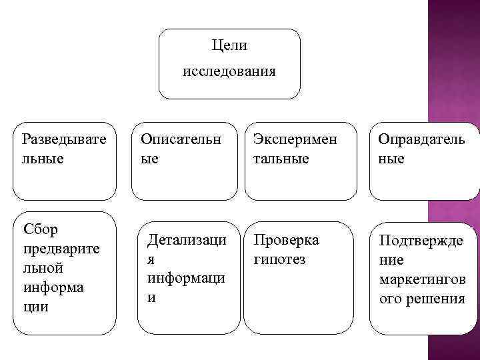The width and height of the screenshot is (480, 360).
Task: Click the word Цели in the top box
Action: tap(229, 46)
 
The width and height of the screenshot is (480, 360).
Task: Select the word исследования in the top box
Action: tap(229, 71)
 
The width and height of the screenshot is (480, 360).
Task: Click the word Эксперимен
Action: tap(295, 139)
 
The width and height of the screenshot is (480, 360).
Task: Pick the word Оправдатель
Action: tap(421, 139)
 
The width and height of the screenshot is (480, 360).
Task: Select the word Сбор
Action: tap(41, 230)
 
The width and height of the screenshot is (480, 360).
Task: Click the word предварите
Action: tap(60, 248)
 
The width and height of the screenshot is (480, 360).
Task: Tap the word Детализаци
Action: tap(187, 239)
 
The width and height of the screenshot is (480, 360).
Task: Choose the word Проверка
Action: tap(286, 239)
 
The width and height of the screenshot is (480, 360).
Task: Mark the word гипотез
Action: tap(279, 259)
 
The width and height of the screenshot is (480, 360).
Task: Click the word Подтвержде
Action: tap(421, 240)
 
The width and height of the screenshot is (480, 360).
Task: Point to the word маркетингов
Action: tap(422, 279)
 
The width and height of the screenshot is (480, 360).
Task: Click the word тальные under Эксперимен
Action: tap(281, 159)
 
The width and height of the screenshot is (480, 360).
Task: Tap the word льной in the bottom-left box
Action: tap(43, 268)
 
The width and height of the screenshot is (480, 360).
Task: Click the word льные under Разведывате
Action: tap(44, 159)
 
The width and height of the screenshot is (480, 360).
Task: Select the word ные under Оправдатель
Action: tap(392, 159)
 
